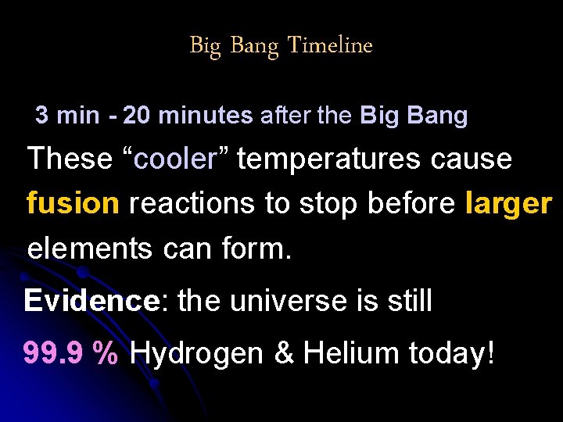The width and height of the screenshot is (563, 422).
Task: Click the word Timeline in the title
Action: pos(330,45)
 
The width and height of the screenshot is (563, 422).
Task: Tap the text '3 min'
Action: pos(67,116)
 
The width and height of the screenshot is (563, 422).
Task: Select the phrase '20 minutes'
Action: pos(188,116)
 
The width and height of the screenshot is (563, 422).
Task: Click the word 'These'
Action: pos(70,159)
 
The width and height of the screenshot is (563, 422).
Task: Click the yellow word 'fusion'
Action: pos(73,203)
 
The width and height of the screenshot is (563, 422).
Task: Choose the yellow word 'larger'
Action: pos(509,203)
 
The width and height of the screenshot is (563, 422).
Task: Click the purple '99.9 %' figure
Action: pos(71,352)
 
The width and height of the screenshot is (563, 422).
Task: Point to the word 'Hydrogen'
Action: pos(197,354)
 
